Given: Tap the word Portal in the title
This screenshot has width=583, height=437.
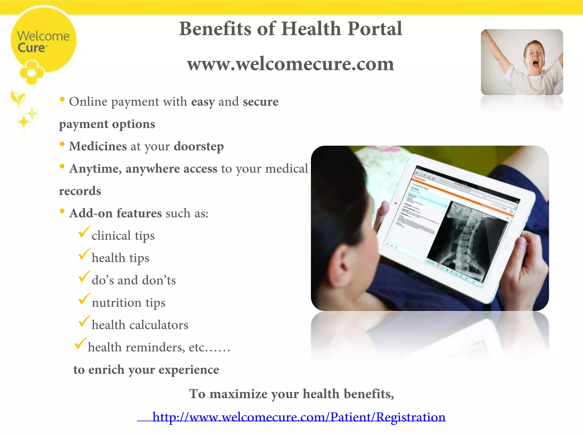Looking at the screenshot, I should [375, 29].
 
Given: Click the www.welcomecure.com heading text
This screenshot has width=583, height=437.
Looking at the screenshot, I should [290, 64].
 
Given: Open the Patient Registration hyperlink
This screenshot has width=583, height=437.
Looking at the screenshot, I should [299, 417].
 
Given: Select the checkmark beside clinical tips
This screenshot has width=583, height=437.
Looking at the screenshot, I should [84, 232].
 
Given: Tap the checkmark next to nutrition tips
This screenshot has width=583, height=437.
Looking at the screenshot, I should [84, 299].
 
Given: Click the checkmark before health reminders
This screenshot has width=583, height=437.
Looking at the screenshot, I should [80, 343].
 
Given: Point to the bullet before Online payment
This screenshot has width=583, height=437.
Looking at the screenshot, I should [62, 99].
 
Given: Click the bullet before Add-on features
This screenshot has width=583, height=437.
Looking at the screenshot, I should [62, 211].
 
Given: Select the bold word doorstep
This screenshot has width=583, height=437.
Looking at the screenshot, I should [199, 147].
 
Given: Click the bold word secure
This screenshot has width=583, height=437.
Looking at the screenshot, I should [260, 102].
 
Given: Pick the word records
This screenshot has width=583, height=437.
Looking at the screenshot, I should [80, 191].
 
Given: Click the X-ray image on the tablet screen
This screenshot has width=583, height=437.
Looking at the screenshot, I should [467, 242].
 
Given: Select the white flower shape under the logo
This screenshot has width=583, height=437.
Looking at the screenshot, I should [32, 73].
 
